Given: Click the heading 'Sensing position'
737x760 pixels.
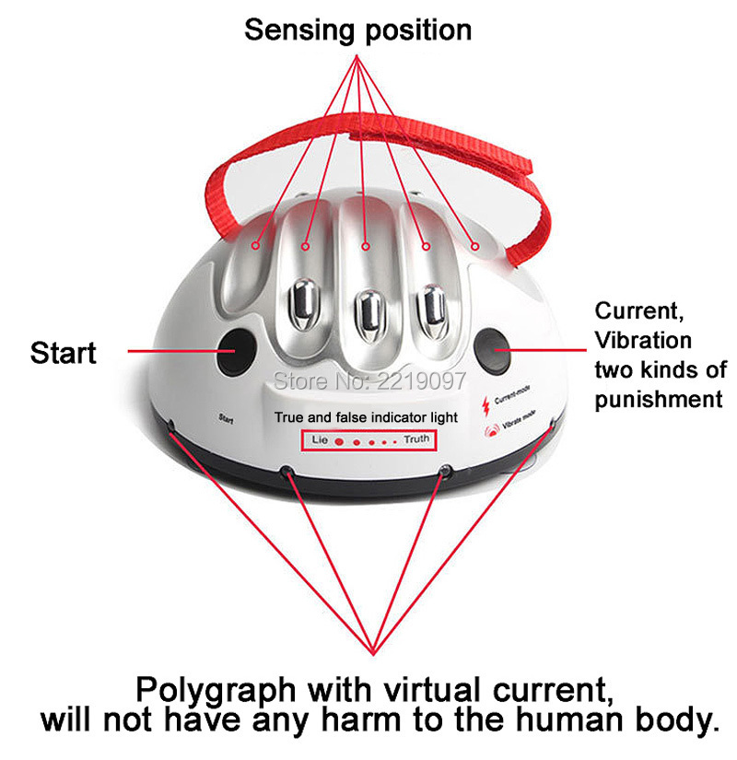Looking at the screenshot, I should [357, 29].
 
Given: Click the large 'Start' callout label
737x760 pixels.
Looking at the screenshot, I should [63, 353].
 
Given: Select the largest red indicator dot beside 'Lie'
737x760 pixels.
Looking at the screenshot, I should [338, 441].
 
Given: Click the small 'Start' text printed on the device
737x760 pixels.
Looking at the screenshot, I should [226, 419].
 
